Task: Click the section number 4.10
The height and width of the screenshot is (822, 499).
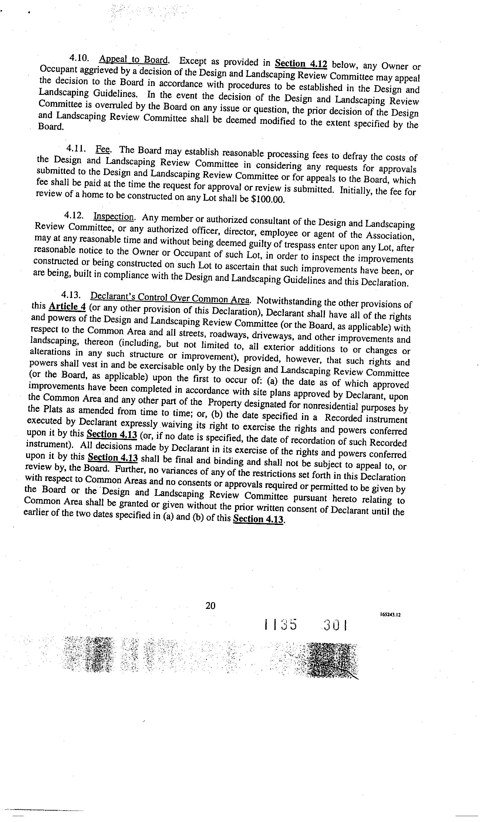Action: [x=79, y=58]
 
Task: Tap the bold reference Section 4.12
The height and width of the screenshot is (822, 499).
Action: [x=301, y=63]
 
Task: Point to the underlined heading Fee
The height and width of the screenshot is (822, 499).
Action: [x=102, y=149]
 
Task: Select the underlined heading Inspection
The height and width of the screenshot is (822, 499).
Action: [x=113, y=217]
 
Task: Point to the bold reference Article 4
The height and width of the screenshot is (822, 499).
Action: [x=67, y=306]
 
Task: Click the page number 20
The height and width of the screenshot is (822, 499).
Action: [x=210, y=605]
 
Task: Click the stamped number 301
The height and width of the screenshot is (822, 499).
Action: [x=336, y=625]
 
